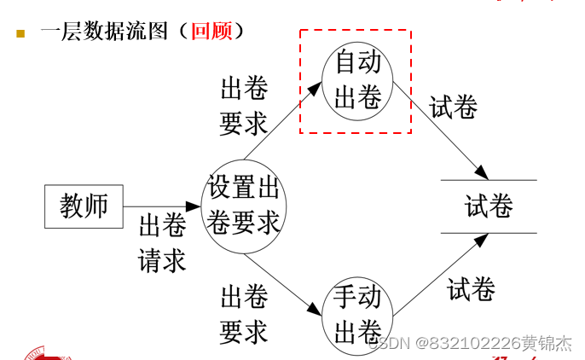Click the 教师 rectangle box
[x=84, y=206]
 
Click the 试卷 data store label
[x=489, y=206]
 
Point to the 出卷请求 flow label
[x=162, y=242]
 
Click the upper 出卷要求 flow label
[x=244, y=106]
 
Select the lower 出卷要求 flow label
[x=244, y=314]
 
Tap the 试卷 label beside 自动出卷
[x=453, y=107]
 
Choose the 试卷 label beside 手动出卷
[x=471, y=289]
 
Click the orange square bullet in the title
[x=20, y=33]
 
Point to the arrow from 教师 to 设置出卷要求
[x=162, y=206]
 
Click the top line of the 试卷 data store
[x=489, y=181]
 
